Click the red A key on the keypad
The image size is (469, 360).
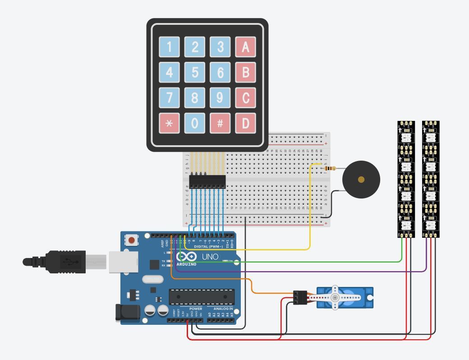245,47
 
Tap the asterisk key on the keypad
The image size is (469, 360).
170,123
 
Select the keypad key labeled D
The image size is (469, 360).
245,123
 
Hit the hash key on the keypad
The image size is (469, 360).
220,123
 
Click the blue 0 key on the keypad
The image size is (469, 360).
195,123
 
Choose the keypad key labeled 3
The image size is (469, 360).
220,47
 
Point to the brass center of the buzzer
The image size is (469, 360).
361,180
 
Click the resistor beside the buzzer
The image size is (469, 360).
330,169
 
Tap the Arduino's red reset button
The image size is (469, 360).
132,240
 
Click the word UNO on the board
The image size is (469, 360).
210,257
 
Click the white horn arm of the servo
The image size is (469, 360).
336,298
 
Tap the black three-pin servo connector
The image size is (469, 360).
300,297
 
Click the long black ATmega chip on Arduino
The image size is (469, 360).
202,296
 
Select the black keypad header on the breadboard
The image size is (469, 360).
207,181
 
